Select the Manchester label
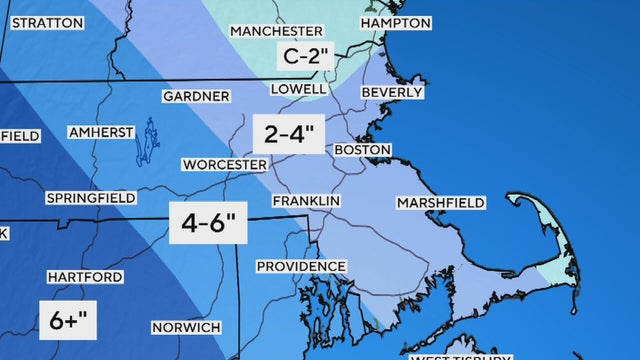pos(276,32)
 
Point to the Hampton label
pos(395,23)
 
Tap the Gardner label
pos(196,97)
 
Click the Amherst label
pos(100,132)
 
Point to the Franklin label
pos(307,201)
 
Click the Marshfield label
pos(440,203)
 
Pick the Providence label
pos(301,267)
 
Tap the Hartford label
pos(84,277)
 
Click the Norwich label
pos(186,328)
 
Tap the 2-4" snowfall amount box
pos(288,134)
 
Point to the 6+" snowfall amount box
pos(70,321)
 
